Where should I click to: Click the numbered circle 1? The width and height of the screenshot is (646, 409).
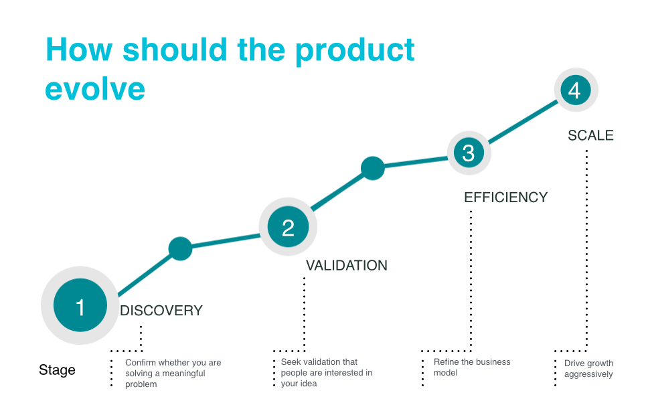[x=80, y=305]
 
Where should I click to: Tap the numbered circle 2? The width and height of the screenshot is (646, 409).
[x=288, y=226]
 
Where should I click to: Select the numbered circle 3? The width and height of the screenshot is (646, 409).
[x=469, y=153]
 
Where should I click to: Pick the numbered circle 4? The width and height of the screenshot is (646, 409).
[x=576, y=90]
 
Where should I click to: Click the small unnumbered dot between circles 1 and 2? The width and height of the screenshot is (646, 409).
[x=181, y=249]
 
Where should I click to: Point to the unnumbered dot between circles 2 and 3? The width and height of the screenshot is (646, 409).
[x=373, y=169]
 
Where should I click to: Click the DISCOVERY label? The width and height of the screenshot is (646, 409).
[x=161, y=311]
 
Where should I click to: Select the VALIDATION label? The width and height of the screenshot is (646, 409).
[x=347, y=266]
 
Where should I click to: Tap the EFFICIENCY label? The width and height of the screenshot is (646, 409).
[x=506, y=197]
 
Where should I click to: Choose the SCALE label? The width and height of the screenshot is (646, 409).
[x=591, y=135]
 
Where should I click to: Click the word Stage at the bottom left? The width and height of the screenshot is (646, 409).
[x=57, y=370]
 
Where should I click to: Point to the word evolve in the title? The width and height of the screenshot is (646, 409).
[x=95, y=89]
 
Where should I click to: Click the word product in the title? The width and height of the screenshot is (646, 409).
[x=355, y=51]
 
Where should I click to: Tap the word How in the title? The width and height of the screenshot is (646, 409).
[x=79, y=50]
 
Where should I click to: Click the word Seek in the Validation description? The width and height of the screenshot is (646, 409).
[x=290, y=361]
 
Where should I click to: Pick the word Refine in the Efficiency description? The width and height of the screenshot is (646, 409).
[x=445, y=361]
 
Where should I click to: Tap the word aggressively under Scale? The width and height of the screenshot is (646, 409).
[x=588, y=374]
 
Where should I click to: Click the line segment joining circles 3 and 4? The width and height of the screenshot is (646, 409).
[x=522, y=122]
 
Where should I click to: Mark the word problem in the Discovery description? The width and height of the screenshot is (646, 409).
[x=141, y=384]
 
